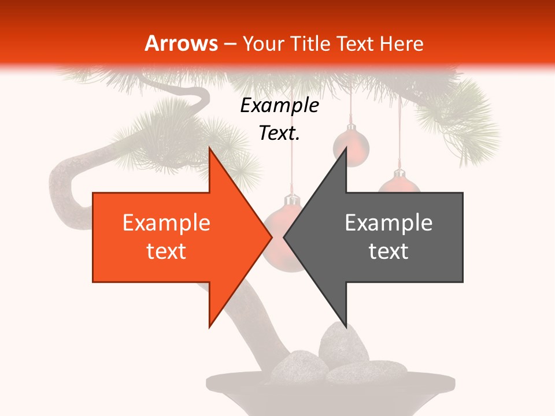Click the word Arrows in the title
tap(181, 43)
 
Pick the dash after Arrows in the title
tap(230, 44)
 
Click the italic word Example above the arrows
tap(279, 105)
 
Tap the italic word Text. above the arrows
tap(279, 133)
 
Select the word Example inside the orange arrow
tap(166, 222)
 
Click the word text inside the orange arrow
tap(166, 251)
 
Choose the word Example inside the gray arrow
tap(388, 222)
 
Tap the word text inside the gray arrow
tap(388, 251)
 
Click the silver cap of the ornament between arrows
tap(292, 200)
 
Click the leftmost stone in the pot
tap(295, 364)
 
